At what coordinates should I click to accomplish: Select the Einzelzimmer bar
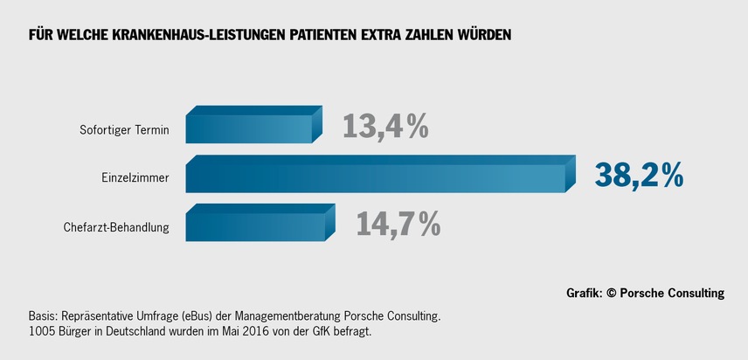[x=376, y=178]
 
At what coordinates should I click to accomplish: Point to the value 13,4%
[x=384, y=127]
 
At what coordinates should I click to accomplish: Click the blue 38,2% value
[x=639, y=176]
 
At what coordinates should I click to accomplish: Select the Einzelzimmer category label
[x=129, y=179]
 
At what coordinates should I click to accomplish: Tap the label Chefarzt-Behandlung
[x=116, y=228]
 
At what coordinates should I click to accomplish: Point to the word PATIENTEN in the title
[x=324, y=36]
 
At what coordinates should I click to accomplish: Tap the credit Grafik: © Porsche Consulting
[x=646, y=294]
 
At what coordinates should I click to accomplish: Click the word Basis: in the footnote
[x=45, y=315]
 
